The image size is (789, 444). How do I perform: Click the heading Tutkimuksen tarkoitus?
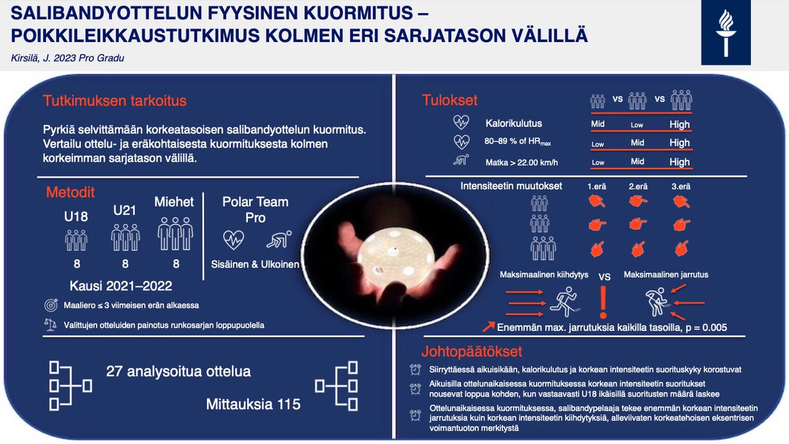pos(115,101)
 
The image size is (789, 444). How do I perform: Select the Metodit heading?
pos(70,193)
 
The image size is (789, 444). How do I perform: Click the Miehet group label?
pos(174,202)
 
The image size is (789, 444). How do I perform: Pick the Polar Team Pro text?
pos(256,209)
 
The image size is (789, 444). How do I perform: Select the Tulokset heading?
pos(450,101)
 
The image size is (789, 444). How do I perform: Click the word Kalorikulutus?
pos(514,123)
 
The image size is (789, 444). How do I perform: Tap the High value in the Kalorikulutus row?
pos(679,124)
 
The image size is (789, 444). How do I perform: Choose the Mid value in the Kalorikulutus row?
pos(597,124)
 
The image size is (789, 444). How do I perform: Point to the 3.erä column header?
pos(680,186)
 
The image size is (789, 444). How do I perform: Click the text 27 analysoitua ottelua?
pos(178,372)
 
